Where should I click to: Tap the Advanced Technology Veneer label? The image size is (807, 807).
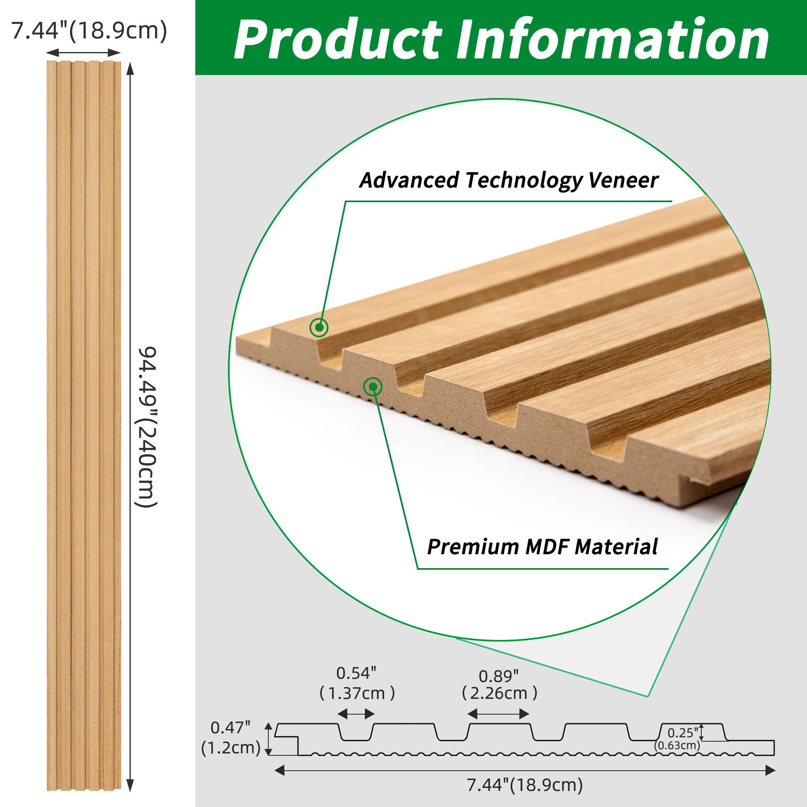[x=509, y=180]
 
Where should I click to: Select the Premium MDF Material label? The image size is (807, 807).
[x=542, y=546]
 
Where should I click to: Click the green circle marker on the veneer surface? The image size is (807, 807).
[x=319, y=327]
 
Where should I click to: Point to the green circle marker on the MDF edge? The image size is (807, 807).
[x=372, y=387]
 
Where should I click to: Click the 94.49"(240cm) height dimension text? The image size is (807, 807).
[x=147, y=426]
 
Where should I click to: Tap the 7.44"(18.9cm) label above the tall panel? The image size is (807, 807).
[x=88, y=31]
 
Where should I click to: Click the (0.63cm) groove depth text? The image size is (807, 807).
[x=677, y=757]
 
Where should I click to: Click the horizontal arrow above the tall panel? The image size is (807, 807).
[x=83, y=52]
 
